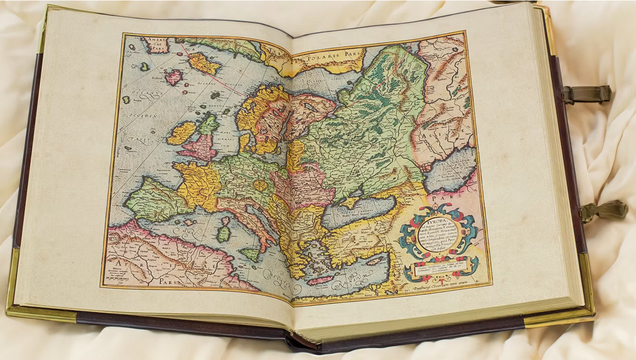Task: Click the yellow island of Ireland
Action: coord(181,133)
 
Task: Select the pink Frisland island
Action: coord(174,77)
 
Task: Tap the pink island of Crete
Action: coord(320,280)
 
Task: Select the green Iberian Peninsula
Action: coord(150,199)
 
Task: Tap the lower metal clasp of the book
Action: coord(603,210)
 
